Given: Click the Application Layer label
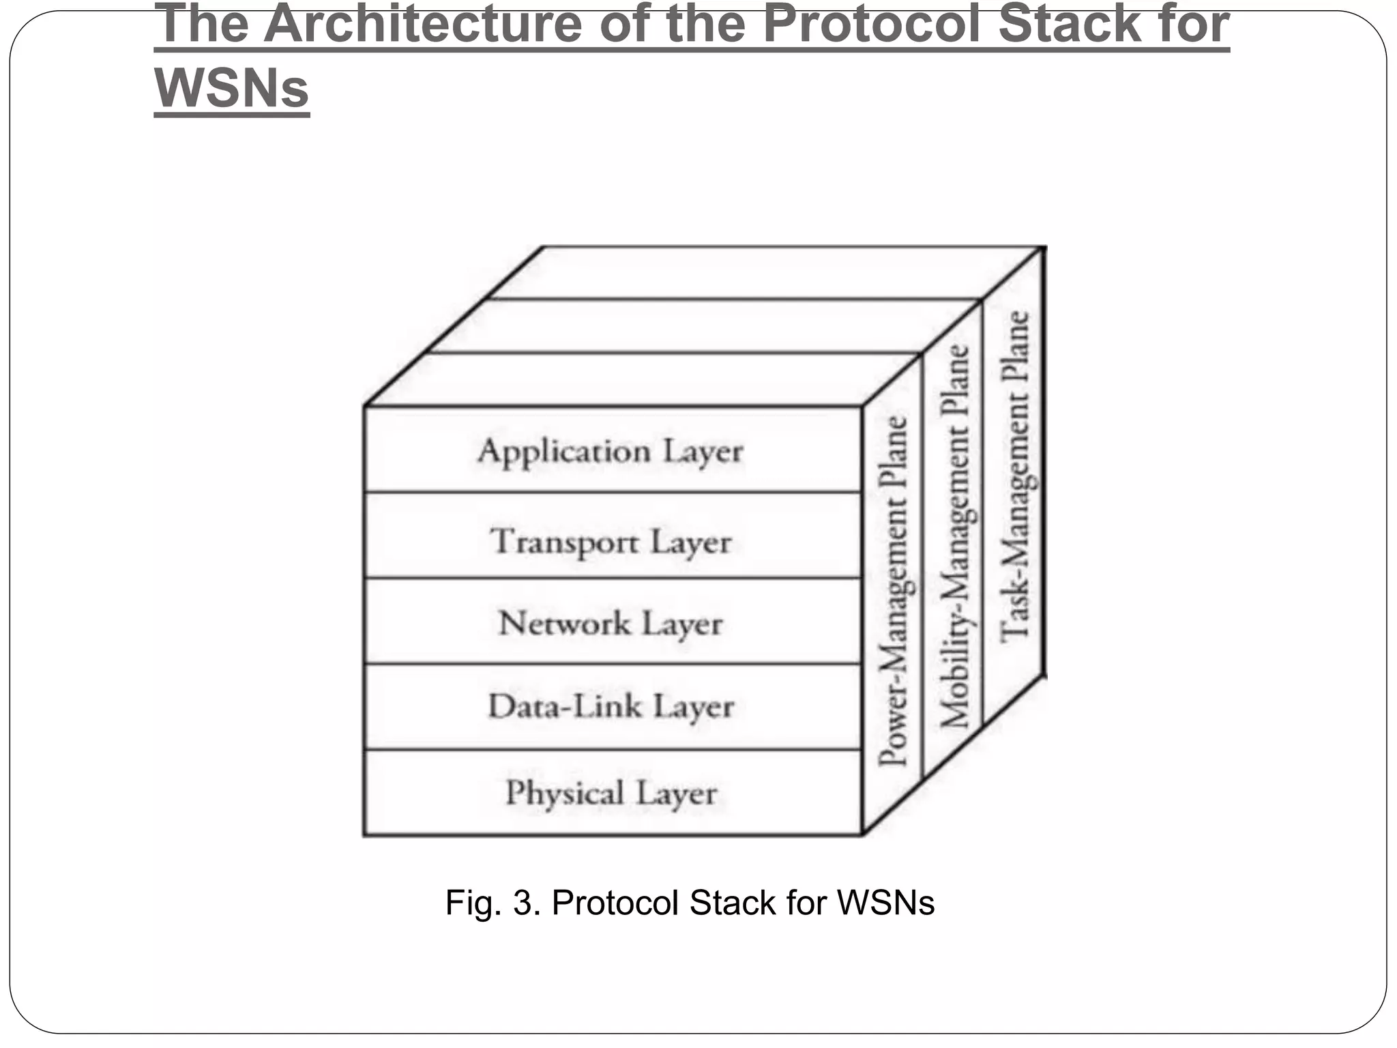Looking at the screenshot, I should [x=611, y=452].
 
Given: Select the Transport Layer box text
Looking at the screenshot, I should [x=611, y=542].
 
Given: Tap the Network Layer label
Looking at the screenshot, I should [x=611, y=624].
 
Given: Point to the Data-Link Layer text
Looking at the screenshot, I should [x=611, y=706].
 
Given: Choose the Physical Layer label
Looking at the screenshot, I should [x=611, y=793].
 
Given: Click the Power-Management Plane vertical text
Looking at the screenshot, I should [x=893, y=591].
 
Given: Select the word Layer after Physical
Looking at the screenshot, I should [x=677, y=794].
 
